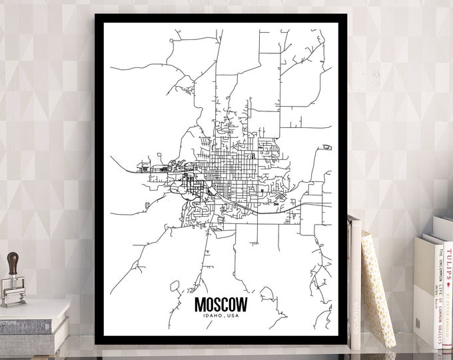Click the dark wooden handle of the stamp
tap(13, 261)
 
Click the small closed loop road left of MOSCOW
tap(175, 287)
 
